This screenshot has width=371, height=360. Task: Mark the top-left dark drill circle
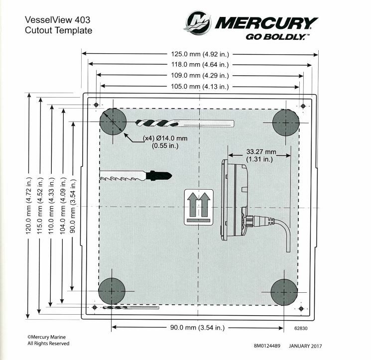click(114, 121)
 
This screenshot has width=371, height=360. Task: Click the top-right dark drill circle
click(286, 121)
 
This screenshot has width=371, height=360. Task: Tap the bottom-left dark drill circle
click(114, 291)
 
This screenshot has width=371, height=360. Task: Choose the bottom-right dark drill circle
click(284, 291)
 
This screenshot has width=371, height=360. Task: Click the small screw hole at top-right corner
click(303, 106)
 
